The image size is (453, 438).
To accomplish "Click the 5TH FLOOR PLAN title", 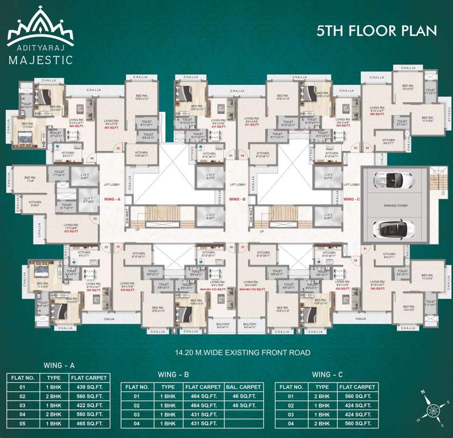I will pos(376,31).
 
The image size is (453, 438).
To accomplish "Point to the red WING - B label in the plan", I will pos(236,200).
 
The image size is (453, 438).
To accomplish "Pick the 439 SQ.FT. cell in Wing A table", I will pos(88,387).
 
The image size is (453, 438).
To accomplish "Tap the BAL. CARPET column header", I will pos(244,387).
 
